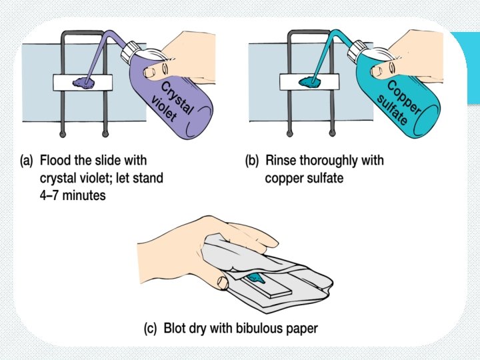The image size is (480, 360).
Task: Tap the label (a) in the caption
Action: coord(27,161)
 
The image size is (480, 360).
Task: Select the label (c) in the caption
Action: coord(151,329)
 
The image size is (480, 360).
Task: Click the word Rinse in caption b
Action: coord(281,161)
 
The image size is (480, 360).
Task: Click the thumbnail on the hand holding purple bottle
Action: coord(155,69)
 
